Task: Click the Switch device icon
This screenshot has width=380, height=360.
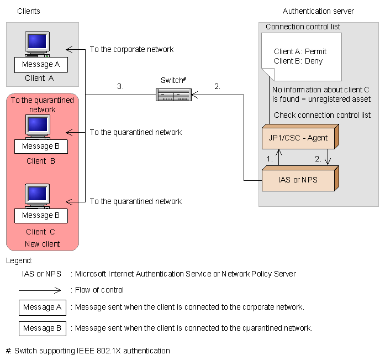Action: click(x=173, y=96)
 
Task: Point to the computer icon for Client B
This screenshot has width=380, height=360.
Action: click(x=37, y=126)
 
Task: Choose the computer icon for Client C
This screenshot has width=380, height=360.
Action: click(x=37, y=195)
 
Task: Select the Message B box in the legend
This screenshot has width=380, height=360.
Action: click(x=42, y=328)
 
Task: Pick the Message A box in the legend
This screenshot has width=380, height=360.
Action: click(x=42, y=307)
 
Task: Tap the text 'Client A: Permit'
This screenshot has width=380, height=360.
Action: click(x=300, y=51)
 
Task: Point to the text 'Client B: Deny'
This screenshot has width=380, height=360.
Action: click(x=298, y=60)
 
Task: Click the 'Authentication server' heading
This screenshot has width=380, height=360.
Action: click(x=318, y=11)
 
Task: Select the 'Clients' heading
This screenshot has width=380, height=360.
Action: click(x=29, y=11)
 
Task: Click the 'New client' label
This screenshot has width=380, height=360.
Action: click(x=42, y=244)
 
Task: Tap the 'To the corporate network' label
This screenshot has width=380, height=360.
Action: click(x=131, y=49)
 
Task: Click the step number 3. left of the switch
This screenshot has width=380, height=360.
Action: click(x=120, y=86)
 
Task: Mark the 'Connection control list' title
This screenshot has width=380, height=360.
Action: click(x=303, y=27)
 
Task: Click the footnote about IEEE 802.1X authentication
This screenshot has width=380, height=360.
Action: click(x=88, y=351)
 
